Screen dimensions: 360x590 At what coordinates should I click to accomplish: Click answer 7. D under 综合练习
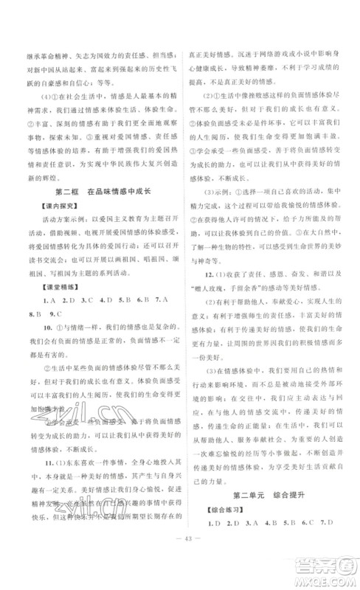point(335,550)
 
